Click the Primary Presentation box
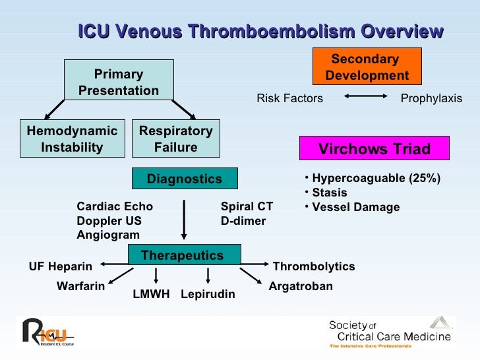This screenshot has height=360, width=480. tap(119, 82)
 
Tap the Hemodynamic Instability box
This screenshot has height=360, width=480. tap(72, 139)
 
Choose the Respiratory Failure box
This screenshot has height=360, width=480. tap(175, 139)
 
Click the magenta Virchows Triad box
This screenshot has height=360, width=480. tap(374, 149)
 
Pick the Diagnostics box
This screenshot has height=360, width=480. tap(184, 179)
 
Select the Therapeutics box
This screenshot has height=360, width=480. tap(183, 255)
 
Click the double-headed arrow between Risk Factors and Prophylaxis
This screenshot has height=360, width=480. tap(365, 98)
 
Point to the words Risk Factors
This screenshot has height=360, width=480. tap(289, 98)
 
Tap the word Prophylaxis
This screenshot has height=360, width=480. tap(431, 98)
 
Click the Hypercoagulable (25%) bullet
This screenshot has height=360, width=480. tap(376, 178)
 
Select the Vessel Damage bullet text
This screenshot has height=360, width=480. tap(355, 207)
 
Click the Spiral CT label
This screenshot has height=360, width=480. tap(247, 206)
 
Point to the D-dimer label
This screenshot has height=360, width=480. tap(243, 221)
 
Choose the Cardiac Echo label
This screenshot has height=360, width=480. tap(115, 206)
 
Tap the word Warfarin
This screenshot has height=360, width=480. tap(80, 286)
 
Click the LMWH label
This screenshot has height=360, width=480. tap(151, 294)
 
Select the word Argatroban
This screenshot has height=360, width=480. tap(301, 286)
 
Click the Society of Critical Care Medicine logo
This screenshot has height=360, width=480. tap(390, 332)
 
